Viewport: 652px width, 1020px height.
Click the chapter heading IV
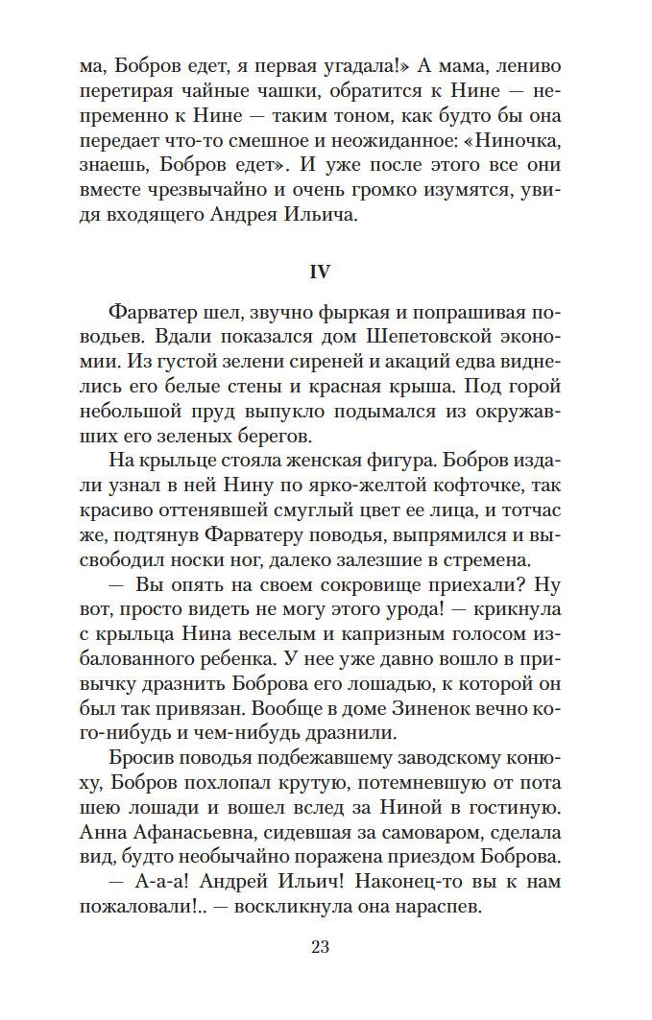pos(320,273)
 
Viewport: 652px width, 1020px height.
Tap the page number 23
pos(321,948)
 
